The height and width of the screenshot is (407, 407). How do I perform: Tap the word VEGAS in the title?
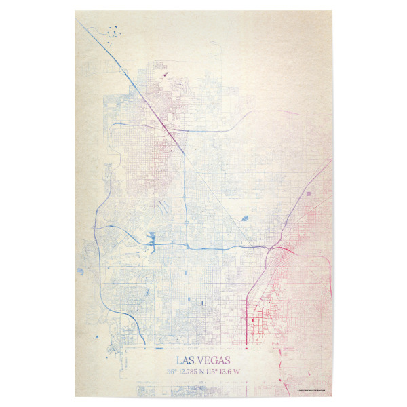(214, 360)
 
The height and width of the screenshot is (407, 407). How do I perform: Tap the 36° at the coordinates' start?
(172, 372)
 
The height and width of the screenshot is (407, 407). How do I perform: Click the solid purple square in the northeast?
(309, 194)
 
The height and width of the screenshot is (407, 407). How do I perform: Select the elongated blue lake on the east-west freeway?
(152, 239)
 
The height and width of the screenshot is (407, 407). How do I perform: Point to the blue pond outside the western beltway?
(79, 271)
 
